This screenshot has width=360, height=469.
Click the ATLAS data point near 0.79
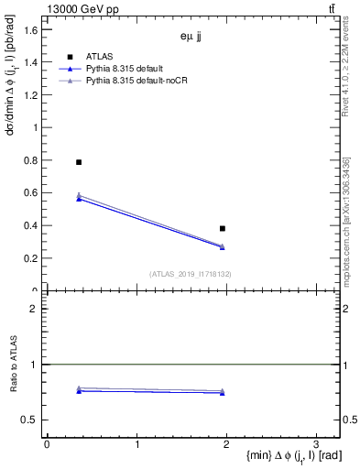tap(79, 162)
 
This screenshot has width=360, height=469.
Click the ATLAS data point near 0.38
tap(223, 228)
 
